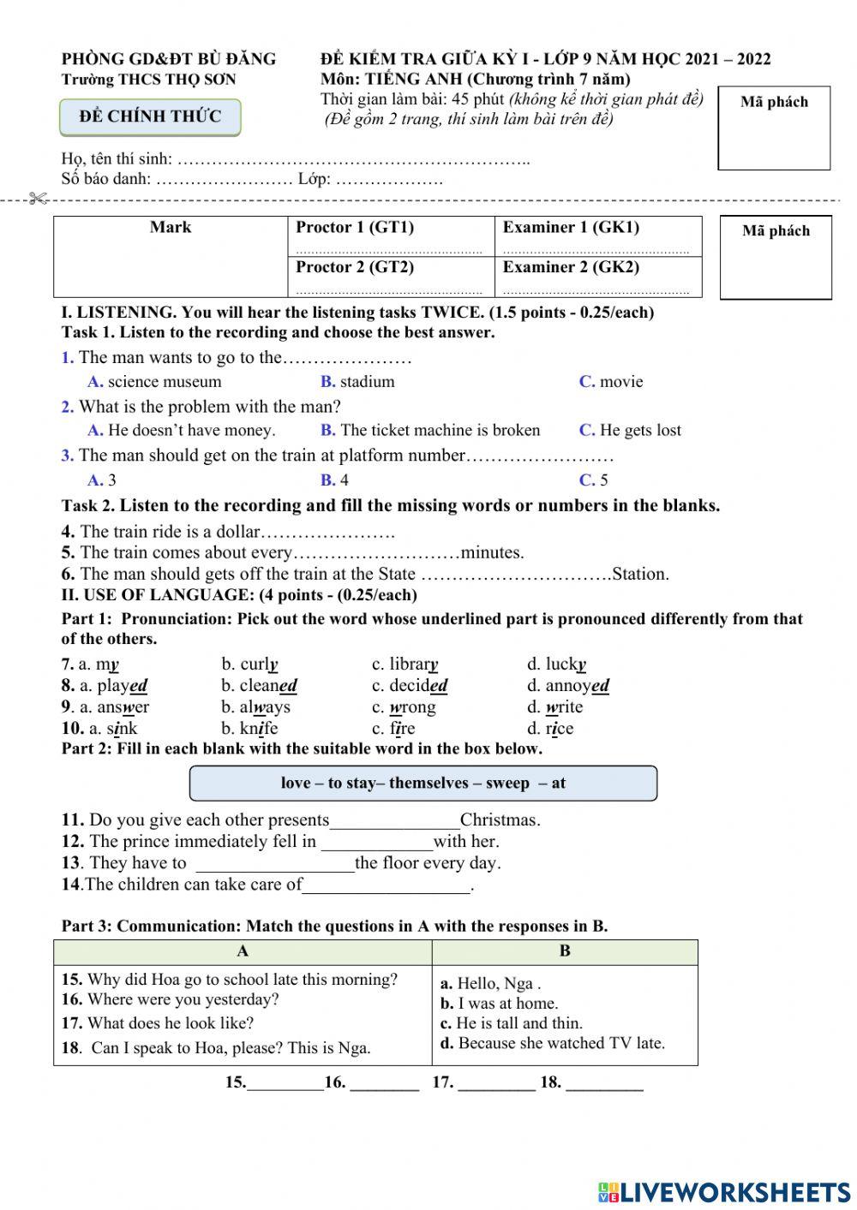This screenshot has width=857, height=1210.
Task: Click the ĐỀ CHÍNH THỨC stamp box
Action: click(x=150, y=117)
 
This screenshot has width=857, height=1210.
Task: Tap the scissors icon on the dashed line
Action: click(x=37, y=200)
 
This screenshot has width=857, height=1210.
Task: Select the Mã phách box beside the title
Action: click(x=774, y=128)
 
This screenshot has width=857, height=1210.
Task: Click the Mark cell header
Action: click(x=170, y=228)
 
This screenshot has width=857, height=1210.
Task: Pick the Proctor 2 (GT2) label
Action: click(x=355, y=267)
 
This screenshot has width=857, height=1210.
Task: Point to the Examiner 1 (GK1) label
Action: click(x=571, y=228)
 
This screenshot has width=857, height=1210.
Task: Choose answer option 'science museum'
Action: click(x=164, y=382)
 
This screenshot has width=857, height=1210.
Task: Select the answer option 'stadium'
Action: click(x=367, y=382)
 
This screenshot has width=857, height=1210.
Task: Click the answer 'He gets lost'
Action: click(x=639, y=431)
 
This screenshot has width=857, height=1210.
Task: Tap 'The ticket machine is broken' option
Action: click(x=440, y=431)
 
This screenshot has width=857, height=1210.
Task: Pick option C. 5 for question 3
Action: click(x=594, y=480)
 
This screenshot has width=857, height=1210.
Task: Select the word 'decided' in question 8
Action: click(x=418, y=686)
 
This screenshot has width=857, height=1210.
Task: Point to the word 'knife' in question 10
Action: click(x=258, y=729)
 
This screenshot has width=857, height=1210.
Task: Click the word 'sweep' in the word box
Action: click(x=507, y=784)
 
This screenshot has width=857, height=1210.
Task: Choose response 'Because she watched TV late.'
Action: click(x=560, y=1044)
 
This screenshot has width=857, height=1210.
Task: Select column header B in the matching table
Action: click(x=565, y=951)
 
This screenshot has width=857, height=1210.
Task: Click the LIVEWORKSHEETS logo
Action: click(x=724, y=1192)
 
